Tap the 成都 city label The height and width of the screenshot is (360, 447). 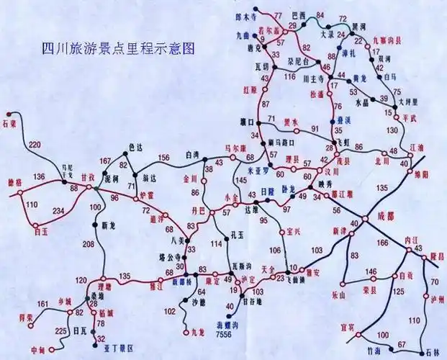(x=386, y=215)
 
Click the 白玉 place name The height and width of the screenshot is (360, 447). (x=40, y=232)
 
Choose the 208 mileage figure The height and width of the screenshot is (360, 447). (x=89, y=245)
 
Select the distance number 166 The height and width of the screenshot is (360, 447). (x=382, y=243)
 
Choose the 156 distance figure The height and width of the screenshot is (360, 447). (x=164, y=158)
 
